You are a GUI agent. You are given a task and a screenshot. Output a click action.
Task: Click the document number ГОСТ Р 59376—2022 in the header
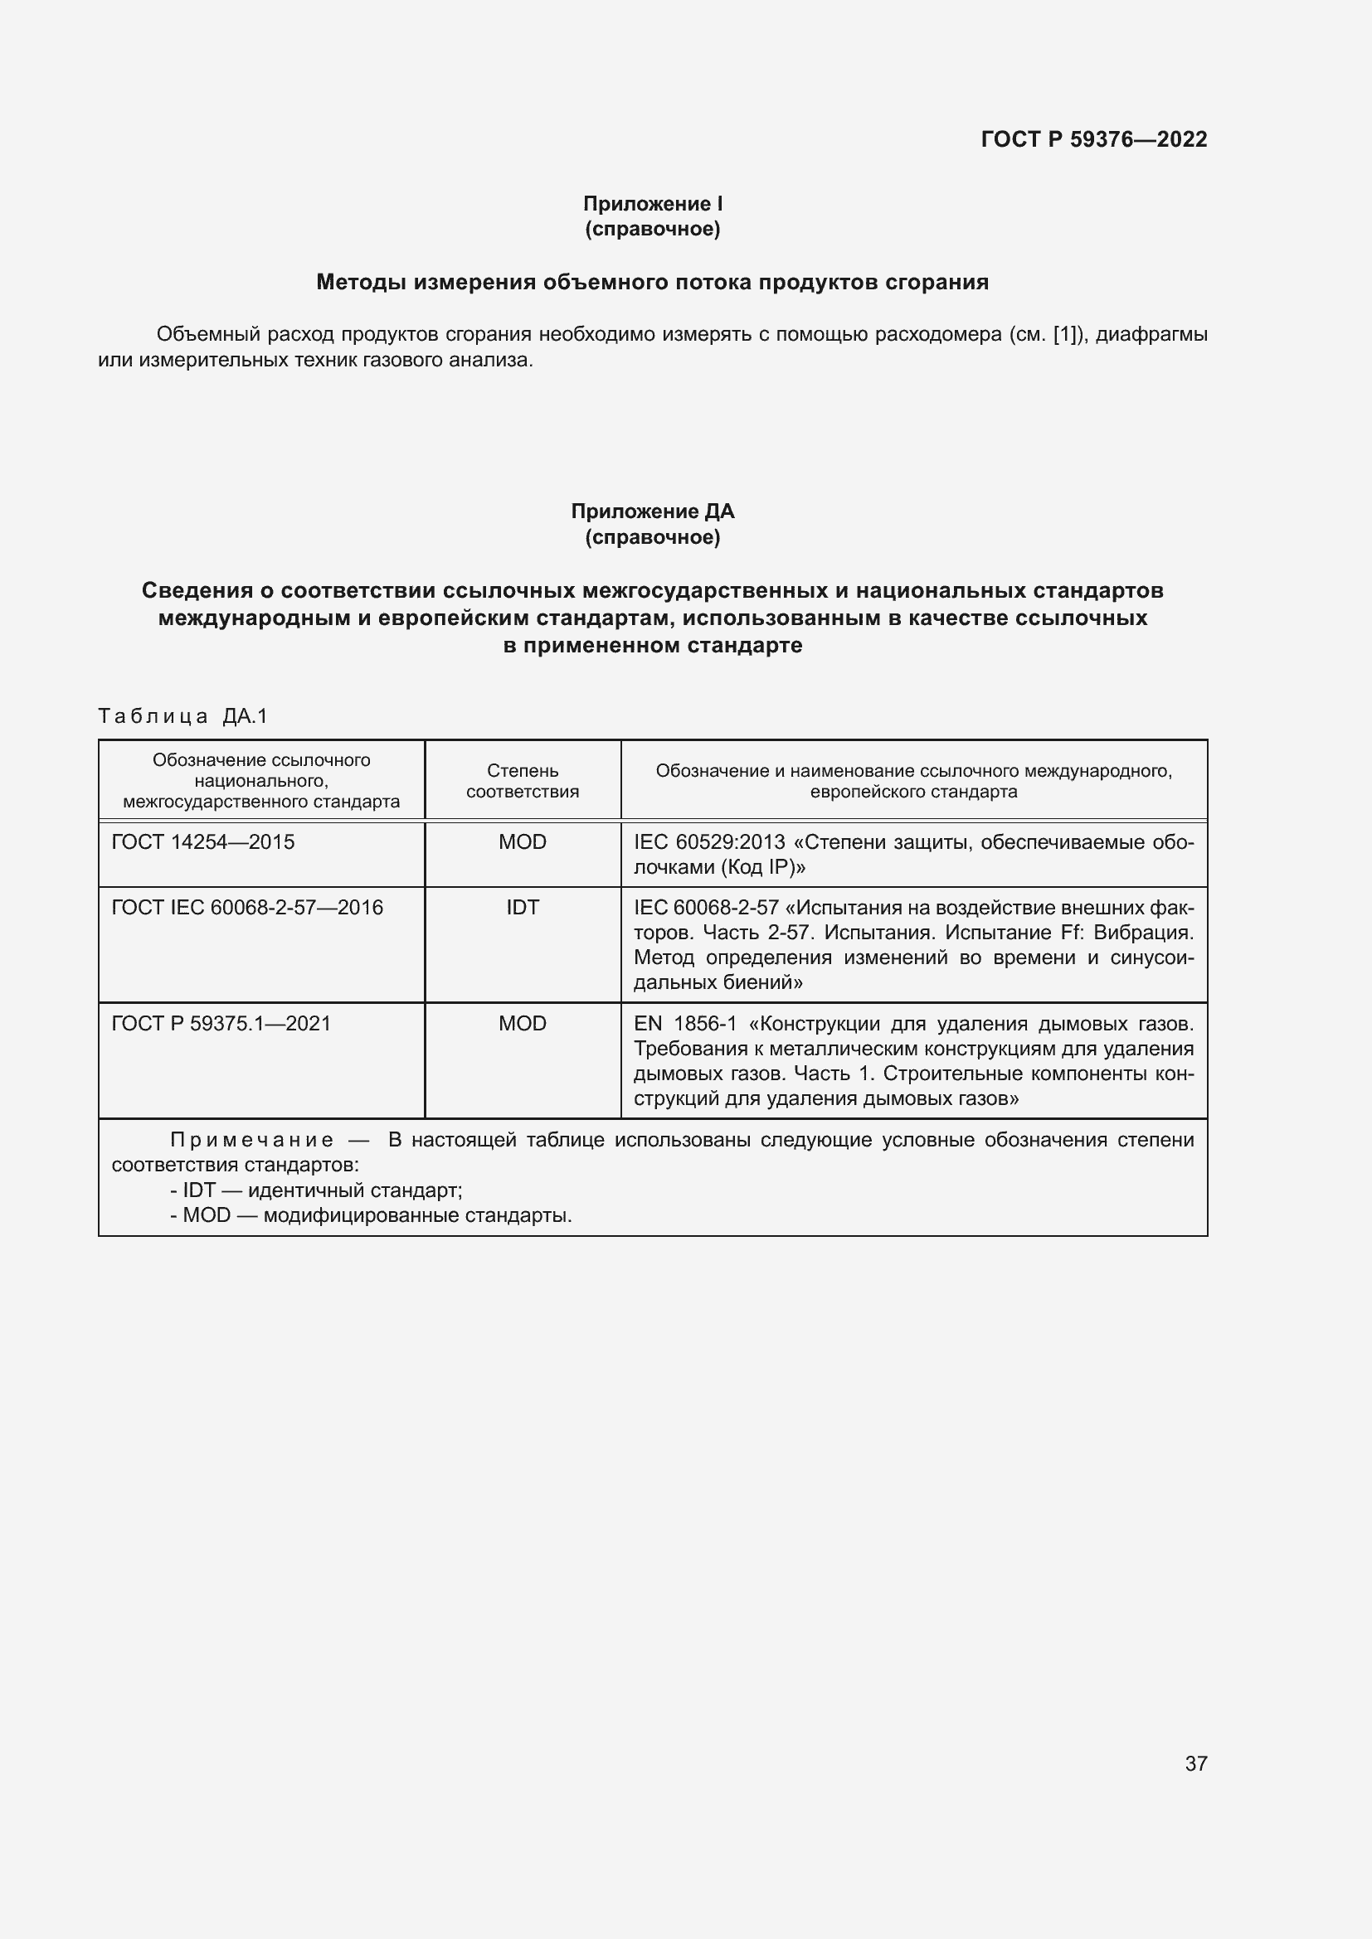click(1093, 139)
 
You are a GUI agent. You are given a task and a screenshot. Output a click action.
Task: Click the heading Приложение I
click(652, 204)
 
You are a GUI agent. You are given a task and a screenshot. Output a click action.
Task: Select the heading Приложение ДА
click(652, 511)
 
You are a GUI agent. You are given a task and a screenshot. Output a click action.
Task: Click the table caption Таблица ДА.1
click(182, 716)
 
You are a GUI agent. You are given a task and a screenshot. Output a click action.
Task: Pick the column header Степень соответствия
click(522, 780)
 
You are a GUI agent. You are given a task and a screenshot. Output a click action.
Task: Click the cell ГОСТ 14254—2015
click(202, 842)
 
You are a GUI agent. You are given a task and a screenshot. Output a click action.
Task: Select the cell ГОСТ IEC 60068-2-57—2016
click(246, 908)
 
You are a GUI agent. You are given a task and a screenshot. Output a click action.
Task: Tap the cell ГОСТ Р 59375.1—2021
click(221, 1024)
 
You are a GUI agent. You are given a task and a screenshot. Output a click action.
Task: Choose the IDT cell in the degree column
click(522, 908)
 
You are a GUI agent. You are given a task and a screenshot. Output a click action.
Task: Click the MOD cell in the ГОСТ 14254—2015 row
click(522, 842)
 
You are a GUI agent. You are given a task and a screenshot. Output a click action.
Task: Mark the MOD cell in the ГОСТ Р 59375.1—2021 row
click(522, 1024)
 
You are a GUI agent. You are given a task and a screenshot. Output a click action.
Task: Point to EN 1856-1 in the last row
click(684, 1024)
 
